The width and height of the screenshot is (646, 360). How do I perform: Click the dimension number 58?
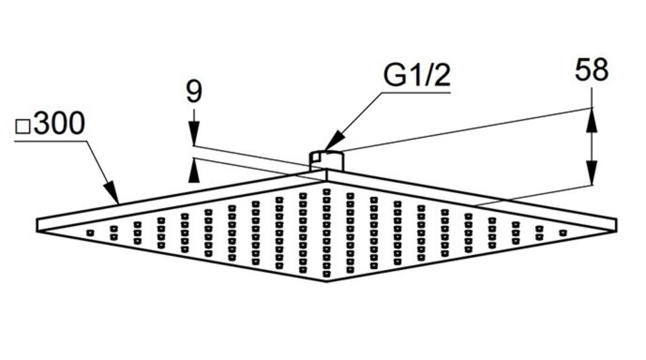[591, 71]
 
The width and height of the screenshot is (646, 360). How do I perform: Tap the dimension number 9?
[193, 92]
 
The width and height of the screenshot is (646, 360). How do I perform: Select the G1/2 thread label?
[417, 76]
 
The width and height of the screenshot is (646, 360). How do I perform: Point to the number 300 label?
[59, 125]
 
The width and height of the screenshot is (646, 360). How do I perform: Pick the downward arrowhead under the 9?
[193, 137]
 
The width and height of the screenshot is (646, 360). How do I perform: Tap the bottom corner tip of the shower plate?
[326, 281]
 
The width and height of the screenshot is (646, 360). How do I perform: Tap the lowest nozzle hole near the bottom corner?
[326, 272]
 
